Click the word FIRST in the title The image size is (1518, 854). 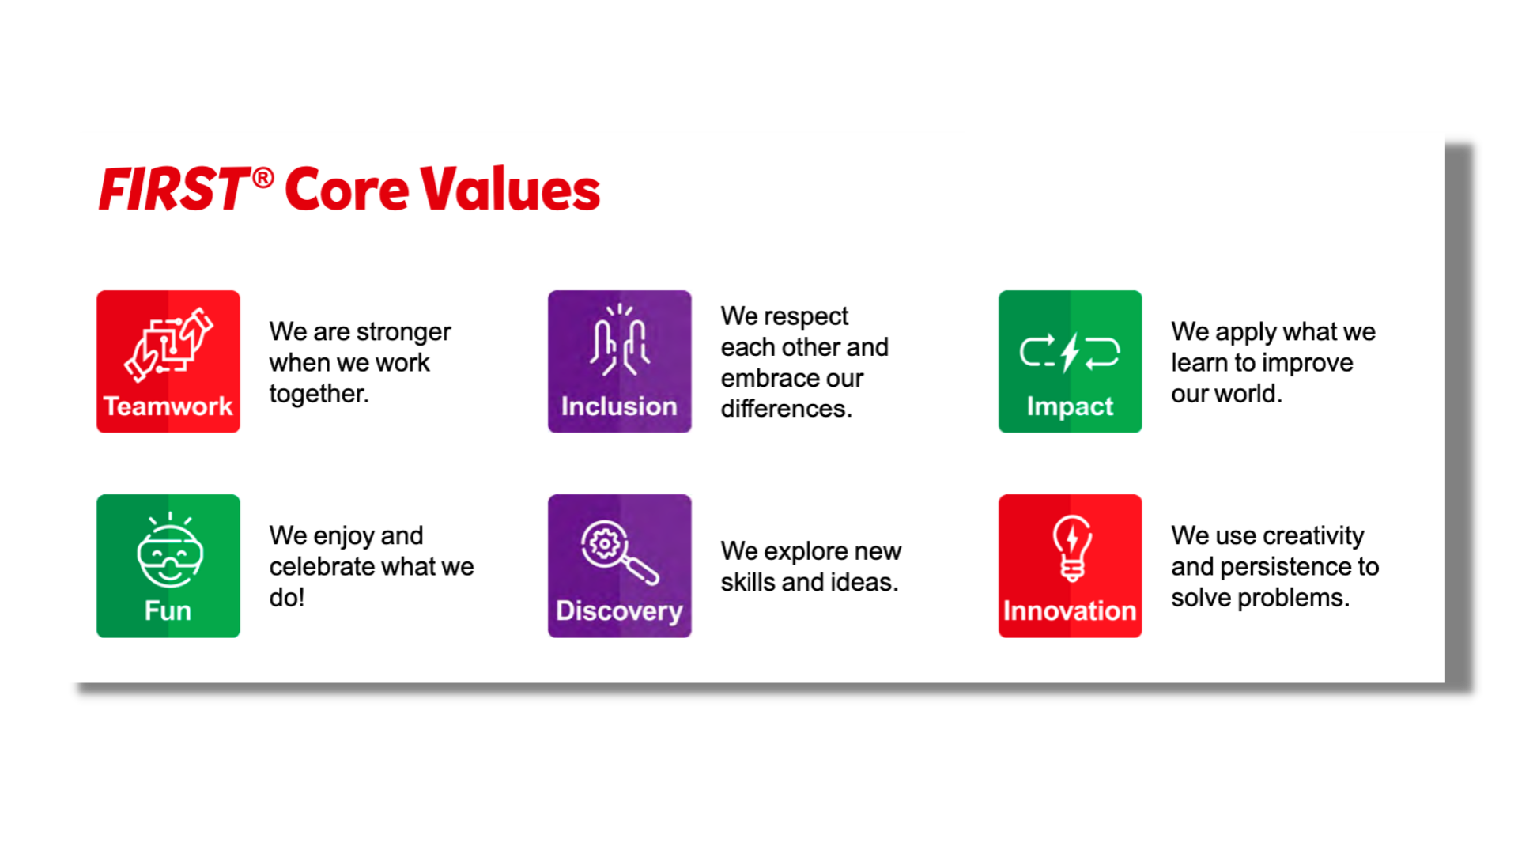[x=173, y=189]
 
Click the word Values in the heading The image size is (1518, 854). [x=510, y=189]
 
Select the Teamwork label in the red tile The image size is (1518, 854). [x=168, y=406]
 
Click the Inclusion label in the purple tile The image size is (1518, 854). [x=619, y=406]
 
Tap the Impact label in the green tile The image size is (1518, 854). [x=1070, y=407]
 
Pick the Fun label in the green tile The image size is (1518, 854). [x=168, y=610]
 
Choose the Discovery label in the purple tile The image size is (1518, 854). [x=619, y=611]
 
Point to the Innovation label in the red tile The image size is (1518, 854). [x=1070, y=610]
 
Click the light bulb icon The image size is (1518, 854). [x=1071, y=548]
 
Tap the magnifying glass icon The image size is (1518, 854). [x=620, y=553]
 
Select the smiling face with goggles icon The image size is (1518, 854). [x=170, y=550]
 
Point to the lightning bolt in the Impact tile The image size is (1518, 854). [x=1071, y=352]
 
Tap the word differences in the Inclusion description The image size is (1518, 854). [x=786, y=409]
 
